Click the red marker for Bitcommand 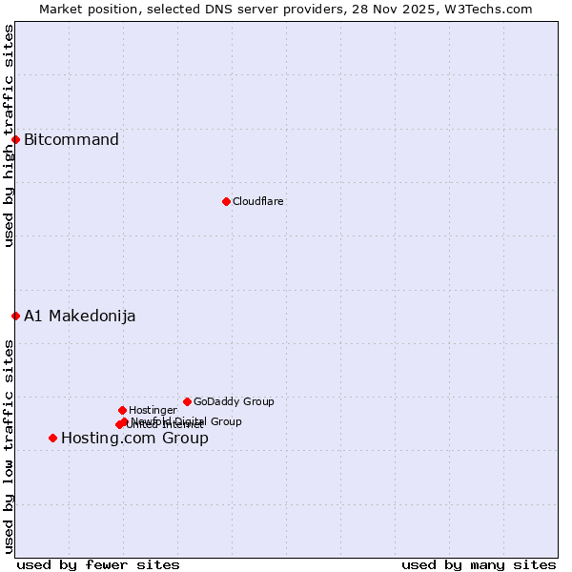(x=15, y=139)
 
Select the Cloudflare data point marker (x=226, y=201)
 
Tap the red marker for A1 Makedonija (x=15, y=316)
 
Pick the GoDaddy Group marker (x=187, y=401)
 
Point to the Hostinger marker (x=122, y=410)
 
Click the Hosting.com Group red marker (x=52, y=438)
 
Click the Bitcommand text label (x=71, y=140)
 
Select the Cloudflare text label (x=258, y=201)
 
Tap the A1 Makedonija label (x=80, y=317)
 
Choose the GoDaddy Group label (x=234, y=401)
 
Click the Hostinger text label (x=153, y=410)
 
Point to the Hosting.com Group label (x=134, y=439)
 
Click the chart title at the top (x=286, y=9)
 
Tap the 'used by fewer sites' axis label (x=99, y=564)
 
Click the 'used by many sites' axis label (x=479, y=564)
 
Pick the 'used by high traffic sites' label (x=9, y=135)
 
